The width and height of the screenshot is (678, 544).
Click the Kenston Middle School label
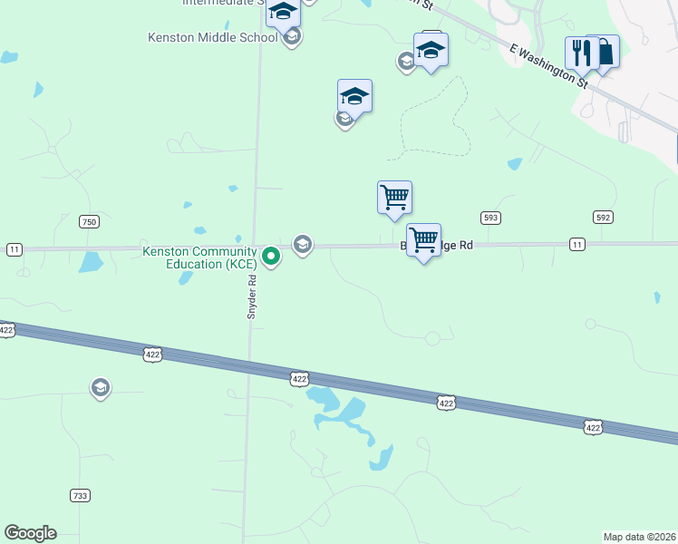(x=212, y=37)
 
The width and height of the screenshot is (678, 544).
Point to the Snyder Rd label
(x=254, y=296)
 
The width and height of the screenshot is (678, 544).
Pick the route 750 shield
(x=88, y=221)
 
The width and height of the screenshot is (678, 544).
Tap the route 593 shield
(x=490, y=218)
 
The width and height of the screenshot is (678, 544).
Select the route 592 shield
(x=604, y=217)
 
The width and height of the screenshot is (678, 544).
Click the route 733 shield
(x=80, y=495)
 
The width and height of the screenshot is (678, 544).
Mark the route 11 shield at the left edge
(x=14, y=249)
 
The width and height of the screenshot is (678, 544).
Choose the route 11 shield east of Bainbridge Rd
(x=577, y=244)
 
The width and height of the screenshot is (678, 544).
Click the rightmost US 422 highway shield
(x=592, y=427)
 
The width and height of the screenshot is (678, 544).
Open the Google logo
(x=30, y=533)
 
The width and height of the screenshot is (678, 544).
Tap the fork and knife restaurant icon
(x=579, y=52)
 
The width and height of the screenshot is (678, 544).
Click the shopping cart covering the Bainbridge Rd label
(x=423, y=240)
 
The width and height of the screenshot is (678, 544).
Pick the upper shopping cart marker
(x=394, y=197)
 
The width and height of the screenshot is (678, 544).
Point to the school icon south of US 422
(x=101, y=388)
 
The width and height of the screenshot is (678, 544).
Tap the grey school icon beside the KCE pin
(x=303, y=245)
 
